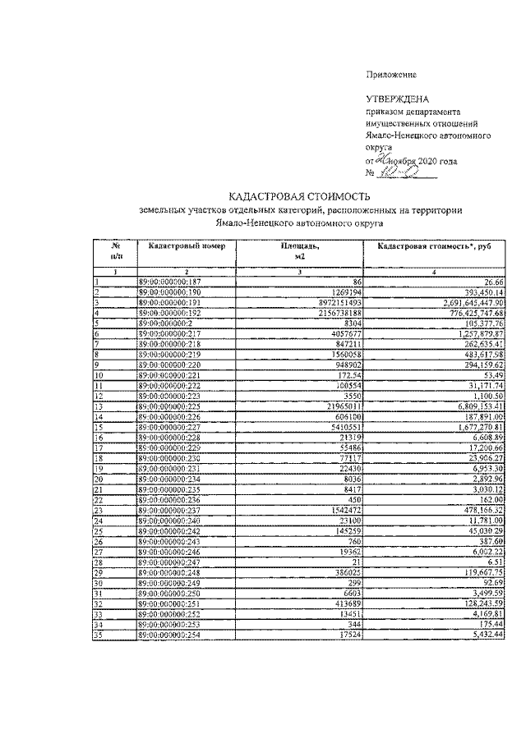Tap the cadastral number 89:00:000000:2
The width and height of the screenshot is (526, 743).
(165, 323)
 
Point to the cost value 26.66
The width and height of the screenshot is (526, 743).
(493, 282)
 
